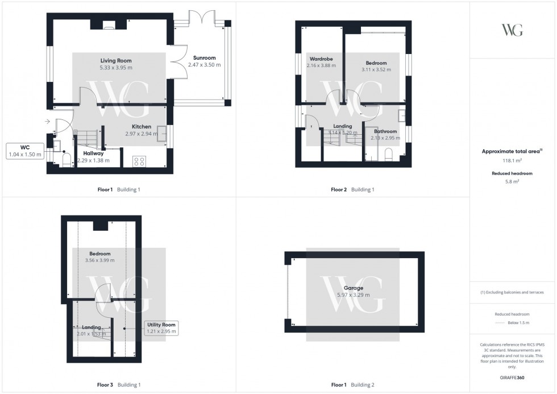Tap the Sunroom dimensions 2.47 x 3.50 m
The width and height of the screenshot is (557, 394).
point(207,65)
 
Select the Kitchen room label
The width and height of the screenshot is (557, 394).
point(142,127)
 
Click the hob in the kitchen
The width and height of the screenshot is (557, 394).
point(140,161)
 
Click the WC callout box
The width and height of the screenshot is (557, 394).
point(25,151)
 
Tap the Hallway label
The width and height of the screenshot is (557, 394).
point(93,154)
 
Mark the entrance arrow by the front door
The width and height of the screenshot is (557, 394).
point(45,121)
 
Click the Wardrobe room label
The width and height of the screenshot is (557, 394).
point(321,59)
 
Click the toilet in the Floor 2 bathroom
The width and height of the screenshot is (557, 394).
point(390,154)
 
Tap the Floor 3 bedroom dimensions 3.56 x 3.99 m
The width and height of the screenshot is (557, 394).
point(99,260)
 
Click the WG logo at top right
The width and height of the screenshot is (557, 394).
point(512,30)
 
